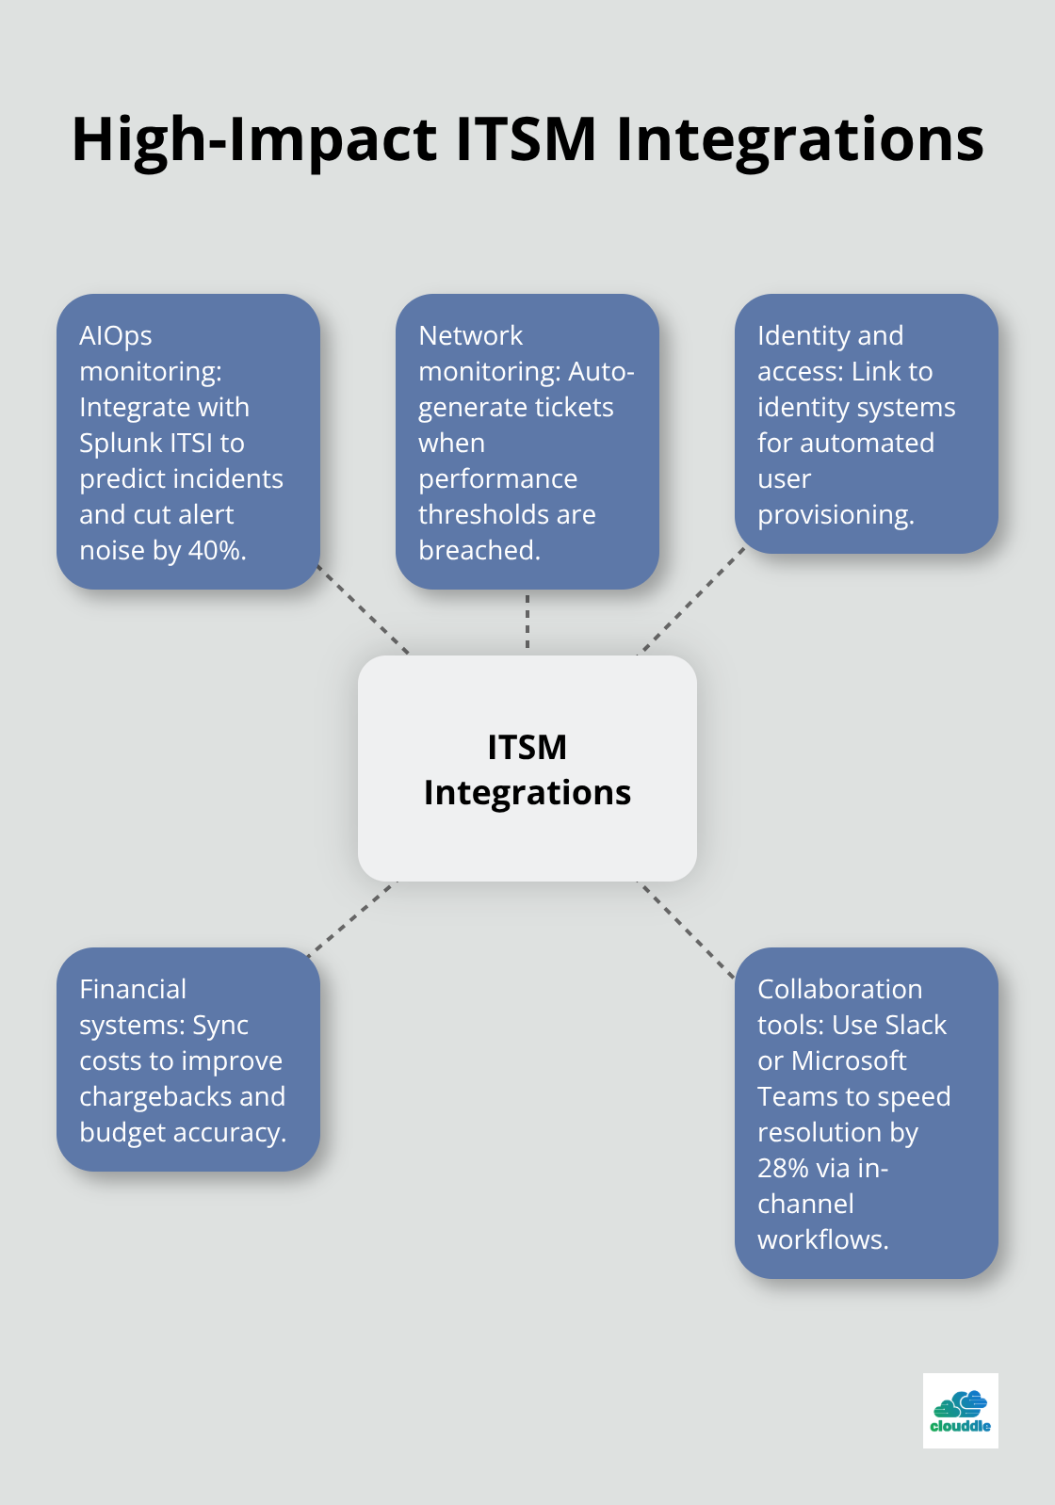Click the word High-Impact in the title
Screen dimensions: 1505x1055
(254, 139)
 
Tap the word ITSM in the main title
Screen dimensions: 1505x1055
(527, 139)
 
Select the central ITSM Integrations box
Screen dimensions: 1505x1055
(527, 769)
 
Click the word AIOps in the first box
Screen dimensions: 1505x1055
(116, 335)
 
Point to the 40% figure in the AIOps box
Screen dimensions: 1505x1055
(217, 550)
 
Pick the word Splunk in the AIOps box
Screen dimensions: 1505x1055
(120, 443)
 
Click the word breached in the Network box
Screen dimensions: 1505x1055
(479, 550)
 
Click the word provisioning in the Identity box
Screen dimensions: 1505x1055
(835, 514)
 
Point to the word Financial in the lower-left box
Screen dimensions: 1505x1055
(133, 989)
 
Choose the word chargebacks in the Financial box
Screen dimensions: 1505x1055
(142, 1096)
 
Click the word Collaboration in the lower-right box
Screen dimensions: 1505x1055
(839, 989)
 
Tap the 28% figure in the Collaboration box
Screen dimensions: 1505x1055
(783, 1168)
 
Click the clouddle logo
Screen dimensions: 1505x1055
(960, 1410)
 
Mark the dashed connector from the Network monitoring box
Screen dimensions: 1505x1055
(527, 622)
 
